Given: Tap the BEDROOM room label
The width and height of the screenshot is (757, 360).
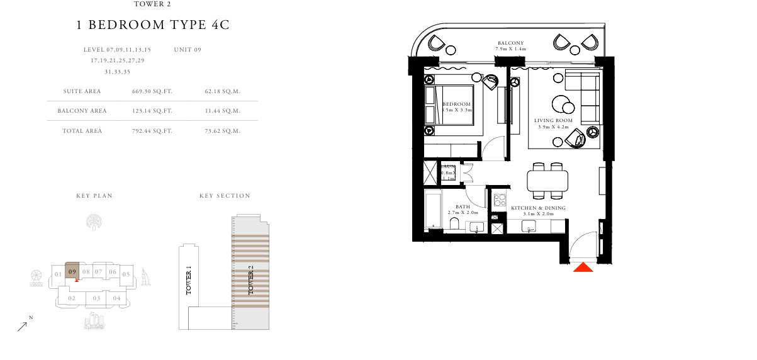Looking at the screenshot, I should (x=456, y=104).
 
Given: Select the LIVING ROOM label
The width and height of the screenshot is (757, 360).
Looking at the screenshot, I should (x=552, y=120).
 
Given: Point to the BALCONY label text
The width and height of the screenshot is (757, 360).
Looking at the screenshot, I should (x=510, y=43).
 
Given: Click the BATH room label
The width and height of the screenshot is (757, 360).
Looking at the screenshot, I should (x=463, y=206).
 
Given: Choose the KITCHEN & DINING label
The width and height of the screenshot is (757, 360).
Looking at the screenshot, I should (x=538, y=208).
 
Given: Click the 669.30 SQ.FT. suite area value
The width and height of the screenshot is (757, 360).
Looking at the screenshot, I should (x=152, y=91).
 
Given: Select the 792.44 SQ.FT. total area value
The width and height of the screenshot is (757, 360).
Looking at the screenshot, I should (x=152, y=131).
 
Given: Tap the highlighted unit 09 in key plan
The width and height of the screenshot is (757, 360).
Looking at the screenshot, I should (x=72, y=272).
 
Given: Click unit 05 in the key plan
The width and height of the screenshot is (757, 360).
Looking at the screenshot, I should (x=126, y=274).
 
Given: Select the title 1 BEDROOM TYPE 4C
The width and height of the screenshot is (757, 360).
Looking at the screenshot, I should (x=153, y=26).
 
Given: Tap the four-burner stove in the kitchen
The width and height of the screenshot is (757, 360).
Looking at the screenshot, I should (x=500, y=201).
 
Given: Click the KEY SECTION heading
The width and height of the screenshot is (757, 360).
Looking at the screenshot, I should (x=225, y=196).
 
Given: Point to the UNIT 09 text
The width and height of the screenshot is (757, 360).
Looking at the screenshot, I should (x=188, y=49).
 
